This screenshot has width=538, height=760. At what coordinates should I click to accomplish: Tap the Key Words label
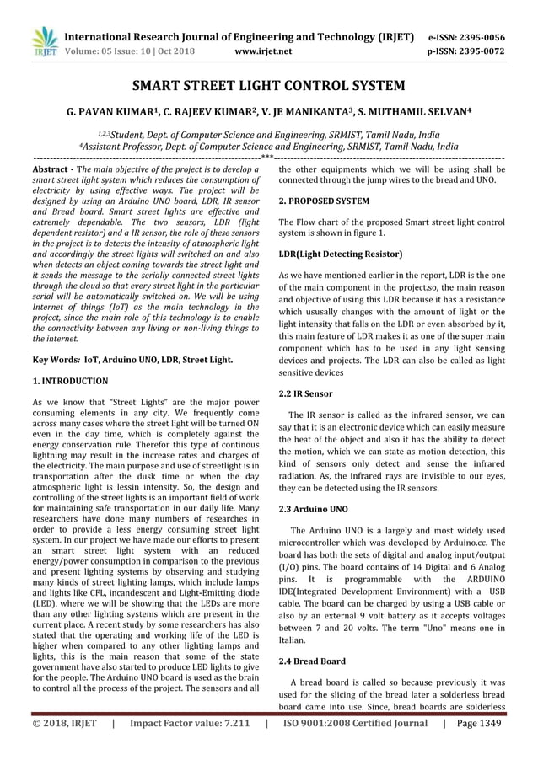[53, 360]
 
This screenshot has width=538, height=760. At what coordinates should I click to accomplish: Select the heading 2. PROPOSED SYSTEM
[324, 201]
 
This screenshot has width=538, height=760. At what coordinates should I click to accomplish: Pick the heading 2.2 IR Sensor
[305, 393]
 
